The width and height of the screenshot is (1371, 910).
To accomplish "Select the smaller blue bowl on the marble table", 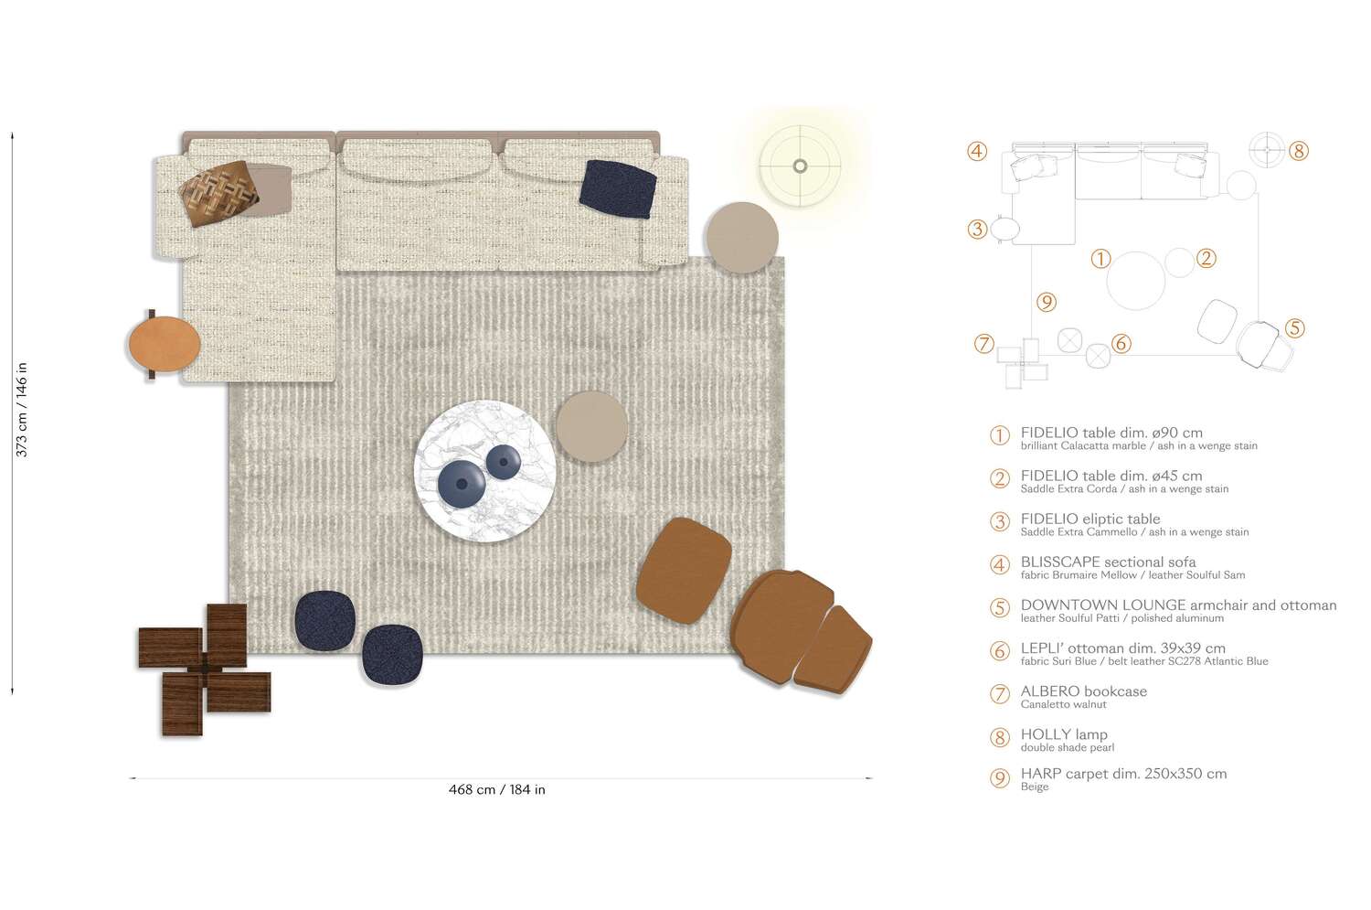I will [503, 462].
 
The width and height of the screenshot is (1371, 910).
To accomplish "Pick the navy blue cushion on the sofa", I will [618, 188].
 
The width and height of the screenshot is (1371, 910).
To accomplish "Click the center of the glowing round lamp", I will [800, 166].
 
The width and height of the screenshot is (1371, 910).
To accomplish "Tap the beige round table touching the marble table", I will [591, 426].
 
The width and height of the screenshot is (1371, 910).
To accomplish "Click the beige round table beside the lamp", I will [741, 238].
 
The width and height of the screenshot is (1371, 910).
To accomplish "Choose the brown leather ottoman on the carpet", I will [684, 571].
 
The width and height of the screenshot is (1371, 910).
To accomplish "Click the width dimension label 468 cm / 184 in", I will [496, 789].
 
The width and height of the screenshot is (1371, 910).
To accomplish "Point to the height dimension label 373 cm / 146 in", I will [22, 410].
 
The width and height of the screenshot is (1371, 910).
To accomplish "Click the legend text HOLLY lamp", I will [1063, 734].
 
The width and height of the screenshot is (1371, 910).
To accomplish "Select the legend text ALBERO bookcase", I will [1083, 691].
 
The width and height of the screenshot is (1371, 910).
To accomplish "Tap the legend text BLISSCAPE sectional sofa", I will [1108, 562].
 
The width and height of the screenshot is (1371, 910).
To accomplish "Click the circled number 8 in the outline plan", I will [1299, 151].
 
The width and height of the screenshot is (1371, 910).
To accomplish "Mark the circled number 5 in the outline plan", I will [1294, 327].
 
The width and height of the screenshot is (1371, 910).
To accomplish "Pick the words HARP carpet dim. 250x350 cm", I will [1123, 774].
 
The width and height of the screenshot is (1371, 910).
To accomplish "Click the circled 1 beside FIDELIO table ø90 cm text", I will [1000, 435].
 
